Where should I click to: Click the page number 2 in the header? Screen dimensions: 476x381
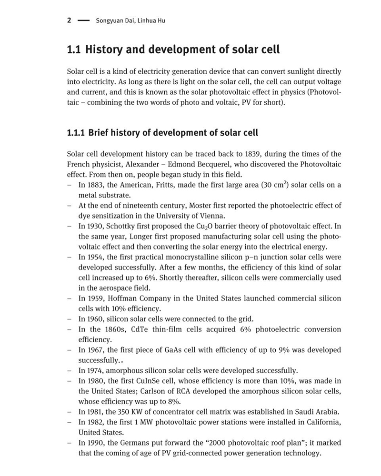click(69, 20)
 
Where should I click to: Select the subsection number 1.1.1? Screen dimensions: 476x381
click(76, 133)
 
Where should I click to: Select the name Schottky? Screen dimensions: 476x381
click(124, 226)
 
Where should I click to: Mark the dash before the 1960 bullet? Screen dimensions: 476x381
click(70, 319)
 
